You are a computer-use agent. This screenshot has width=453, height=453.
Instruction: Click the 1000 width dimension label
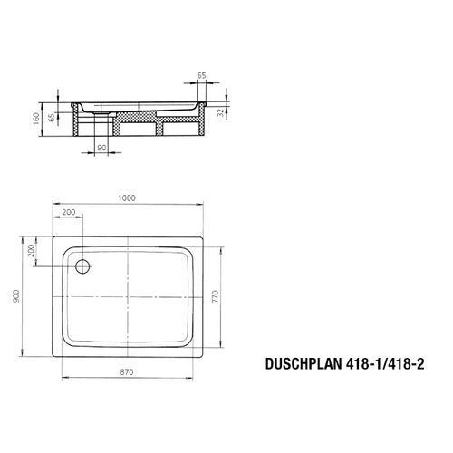click(x=127, y=198)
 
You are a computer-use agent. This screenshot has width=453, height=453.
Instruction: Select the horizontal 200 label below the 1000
click(x=69, y=212)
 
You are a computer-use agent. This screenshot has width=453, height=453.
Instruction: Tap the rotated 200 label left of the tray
click(x=31, y=251)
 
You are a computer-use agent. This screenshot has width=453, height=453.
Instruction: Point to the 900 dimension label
click(x=16, y=296)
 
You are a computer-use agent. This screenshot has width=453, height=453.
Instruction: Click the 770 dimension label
click(x=215, y=297)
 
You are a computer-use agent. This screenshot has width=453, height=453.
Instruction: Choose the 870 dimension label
click(x=127, y=372)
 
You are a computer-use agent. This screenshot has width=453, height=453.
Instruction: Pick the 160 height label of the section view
click(x=36, y=119)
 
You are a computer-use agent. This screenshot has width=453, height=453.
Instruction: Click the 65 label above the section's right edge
click(x=201, y=75)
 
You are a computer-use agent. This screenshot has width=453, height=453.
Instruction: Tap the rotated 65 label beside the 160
click(x=52, y=117)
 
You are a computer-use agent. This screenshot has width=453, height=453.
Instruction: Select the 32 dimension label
click(x=221, y=112)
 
